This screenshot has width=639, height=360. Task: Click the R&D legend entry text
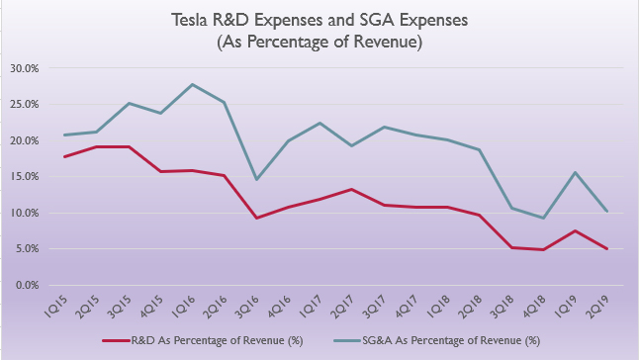click(x=219, y=341)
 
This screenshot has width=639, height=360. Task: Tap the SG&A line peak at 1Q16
click(x=190, y=84)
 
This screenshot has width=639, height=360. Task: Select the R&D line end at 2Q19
click(x=606, y=249)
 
